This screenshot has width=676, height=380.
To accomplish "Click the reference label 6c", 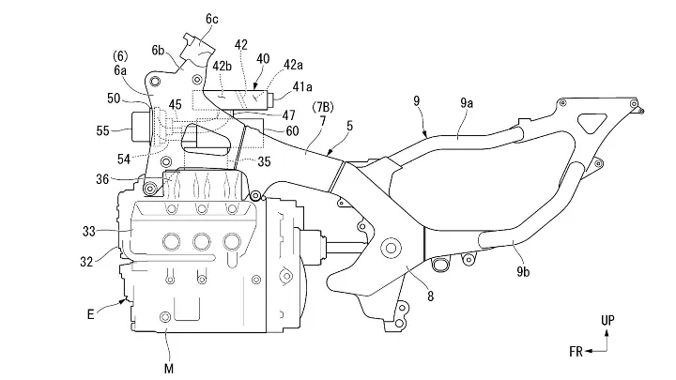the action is [211, 19].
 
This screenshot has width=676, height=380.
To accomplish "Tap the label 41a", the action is [302, 87].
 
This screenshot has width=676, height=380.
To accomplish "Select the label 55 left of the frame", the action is [102, 130].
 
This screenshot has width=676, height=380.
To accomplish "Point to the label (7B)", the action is [322, 107].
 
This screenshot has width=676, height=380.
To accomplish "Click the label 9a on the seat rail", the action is [467, 103].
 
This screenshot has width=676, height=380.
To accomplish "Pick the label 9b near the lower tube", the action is [523, 272].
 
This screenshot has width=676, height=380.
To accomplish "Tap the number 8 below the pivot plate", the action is [430, 296].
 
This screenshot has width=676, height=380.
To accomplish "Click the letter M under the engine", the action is [169, 369].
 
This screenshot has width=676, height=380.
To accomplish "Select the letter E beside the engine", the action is [90, 314].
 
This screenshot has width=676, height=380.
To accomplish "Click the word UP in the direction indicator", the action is [607, 320].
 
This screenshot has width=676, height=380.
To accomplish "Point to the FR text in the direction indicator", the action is [576, 352].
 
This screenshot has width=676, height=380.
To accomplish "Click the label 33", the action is [89, 232].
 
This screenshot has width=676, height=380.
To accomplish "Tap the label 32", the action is [86, 261].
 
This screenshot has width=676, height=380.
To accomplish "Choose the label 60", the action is [292, 130].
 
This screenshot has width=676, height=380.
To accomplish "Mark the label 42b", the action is [222, 66].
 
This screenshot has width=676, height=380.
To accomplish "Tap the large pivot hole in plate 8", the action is [391, 248].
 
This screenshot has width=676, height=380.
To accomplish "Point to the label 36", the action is [102, 179].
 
